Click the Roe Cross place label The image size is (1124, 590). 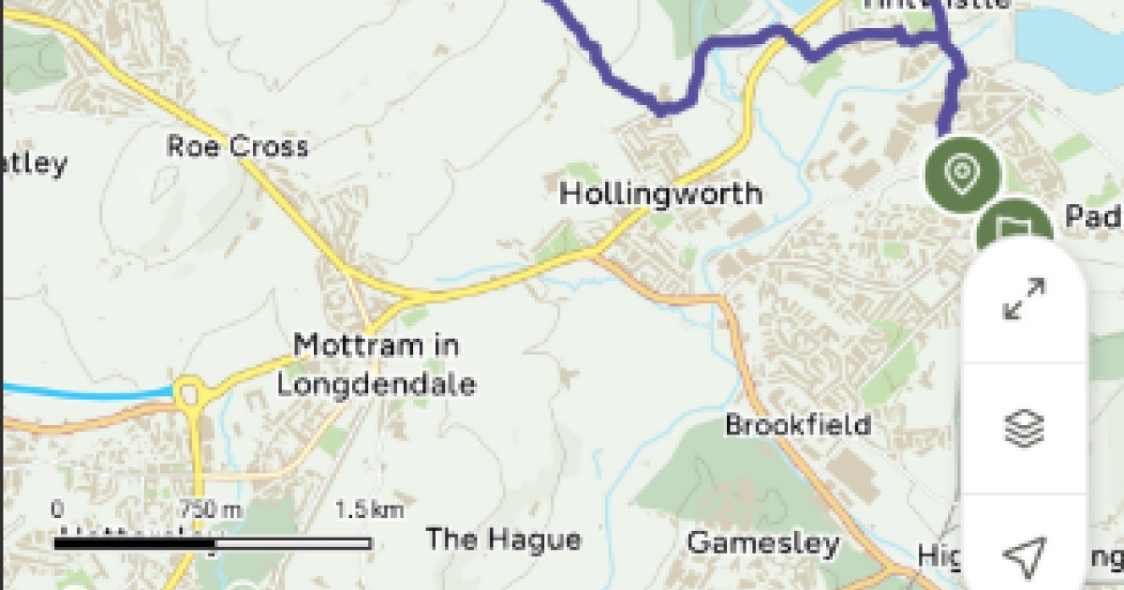237,147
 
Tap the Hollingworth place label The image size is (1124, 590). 660,194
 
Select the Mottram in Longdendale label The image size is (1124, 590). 376,365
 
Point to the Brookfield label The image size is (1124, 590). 798,424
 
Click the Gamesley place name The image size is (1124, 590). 762,543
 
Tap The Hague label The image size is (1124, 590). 503,539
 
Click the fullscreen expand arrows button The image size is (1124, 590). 1024,299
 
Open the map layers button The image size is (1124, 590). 1024,428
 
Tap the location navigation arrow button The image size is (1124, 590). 1024,556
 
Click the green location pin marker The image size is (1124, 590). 962,174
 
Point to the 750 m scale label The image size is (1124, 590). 211,510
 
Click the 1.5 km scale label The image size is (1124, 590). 369,510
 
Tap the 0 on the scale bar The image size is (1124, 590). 58,510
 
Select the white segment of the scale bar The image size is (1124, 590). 292,543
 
